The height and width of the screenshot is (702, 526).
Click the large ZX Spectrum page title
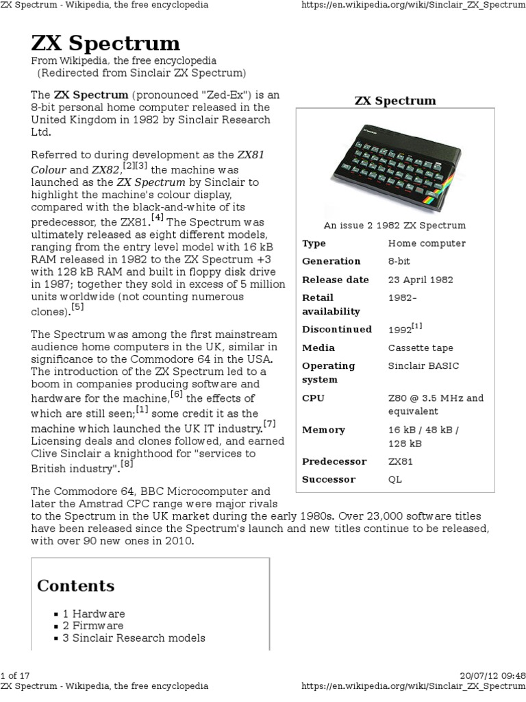105,45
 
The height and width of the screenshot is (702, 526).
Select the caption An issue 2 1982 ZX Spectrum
394,226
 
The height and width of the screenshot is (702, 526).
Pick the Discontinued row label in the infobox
337,330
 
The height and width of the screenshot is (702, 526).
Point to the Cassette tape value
421,348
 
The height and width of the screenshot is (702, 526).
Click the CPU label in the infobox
314,398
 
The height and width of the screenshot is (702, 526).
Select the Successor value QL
395,480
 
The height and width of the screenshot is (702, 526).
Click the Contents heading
75,586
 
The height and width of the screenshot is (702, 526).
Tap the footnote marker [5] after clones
77,307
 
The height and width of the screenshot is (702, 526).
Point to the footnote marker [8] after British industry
126,464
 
